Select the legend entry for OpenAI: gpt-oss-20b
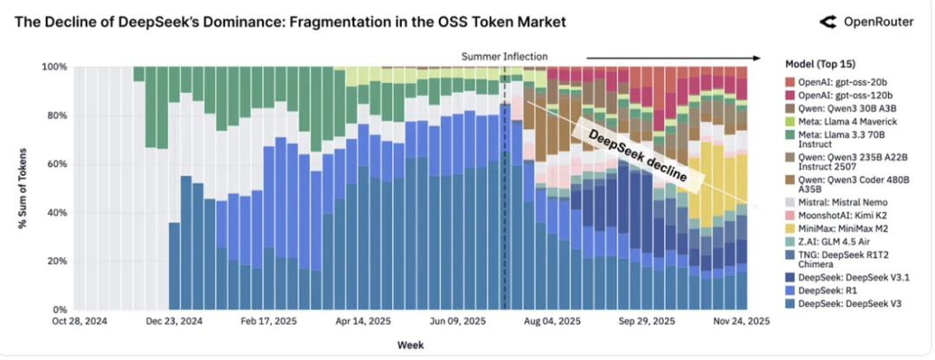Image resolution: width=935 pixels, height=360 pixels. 836,81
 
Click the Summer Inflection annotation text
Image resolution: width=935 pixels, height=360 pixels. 505,56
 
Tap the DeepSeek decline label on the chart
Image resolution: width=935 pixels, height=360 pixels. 637,155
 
